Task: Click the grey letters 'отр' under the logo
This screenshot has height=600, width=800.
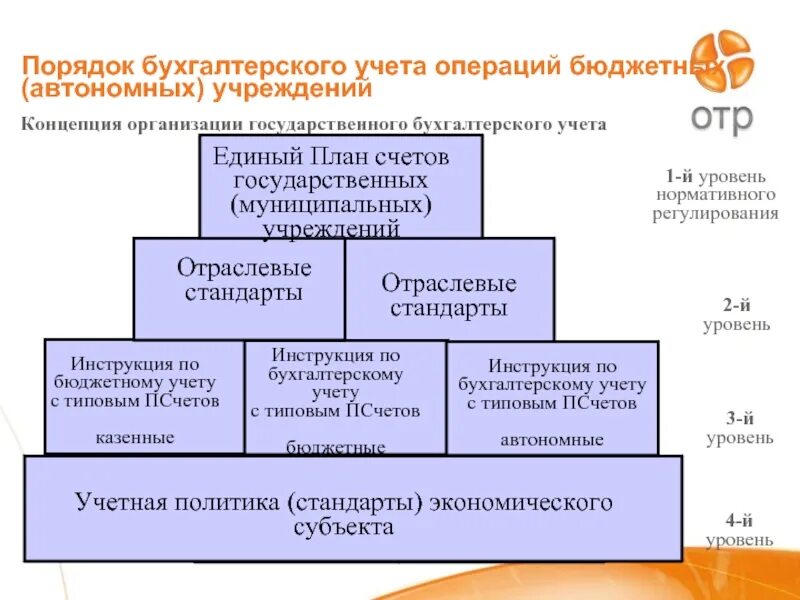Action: [x=721, y=116]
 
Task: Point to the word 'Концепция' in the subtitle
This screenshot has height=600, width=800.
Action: [x=67, y=125]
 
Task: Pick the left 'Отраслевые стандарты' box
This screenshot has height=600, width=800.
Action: [x=239, y=288]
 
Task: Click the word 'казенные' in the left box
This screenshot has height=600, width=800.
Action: [x=135, y=438]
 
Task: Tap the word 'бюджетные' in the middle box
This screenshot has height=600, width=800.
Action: [x=336, y=447]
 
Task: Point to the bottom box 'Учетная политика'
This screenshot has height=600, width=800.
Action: [x=353, y=508]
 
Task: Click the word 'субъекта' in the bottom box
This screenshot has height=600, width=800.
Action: [x=344, y=527]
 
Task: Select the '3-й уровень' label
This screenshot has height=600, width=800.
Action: [x=739, y=429]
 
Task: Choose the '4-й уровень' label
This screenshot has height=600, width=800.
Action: [x=738, y=531]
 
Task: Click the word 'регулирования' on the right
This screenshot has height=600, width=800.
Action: [x=715, y=213]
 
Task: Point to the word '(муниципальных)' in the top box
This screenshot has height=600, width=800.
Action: [x=331, y=205]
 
